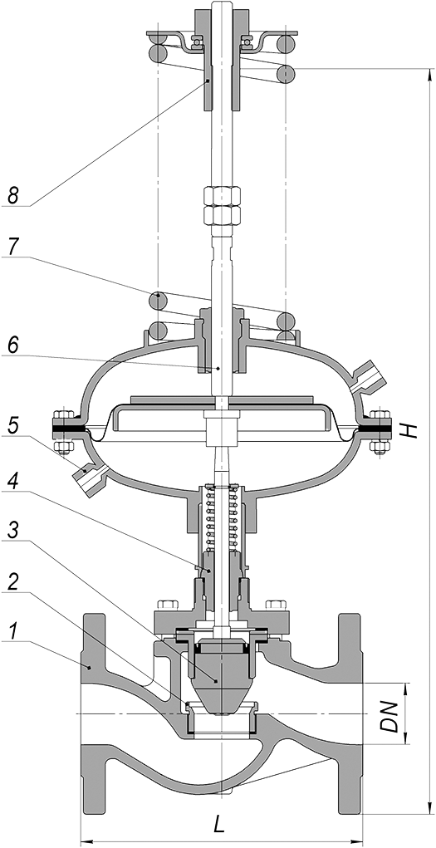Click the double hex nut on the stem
(x=222, y=206)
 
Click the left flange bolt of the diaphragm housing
(x=64, y=429)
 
